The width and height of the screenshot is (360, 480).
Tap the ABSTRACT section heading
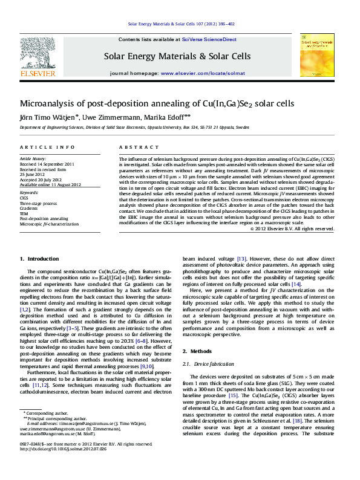(134, 148)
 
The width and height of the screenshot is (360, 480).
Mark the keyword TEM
(24, 213)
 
